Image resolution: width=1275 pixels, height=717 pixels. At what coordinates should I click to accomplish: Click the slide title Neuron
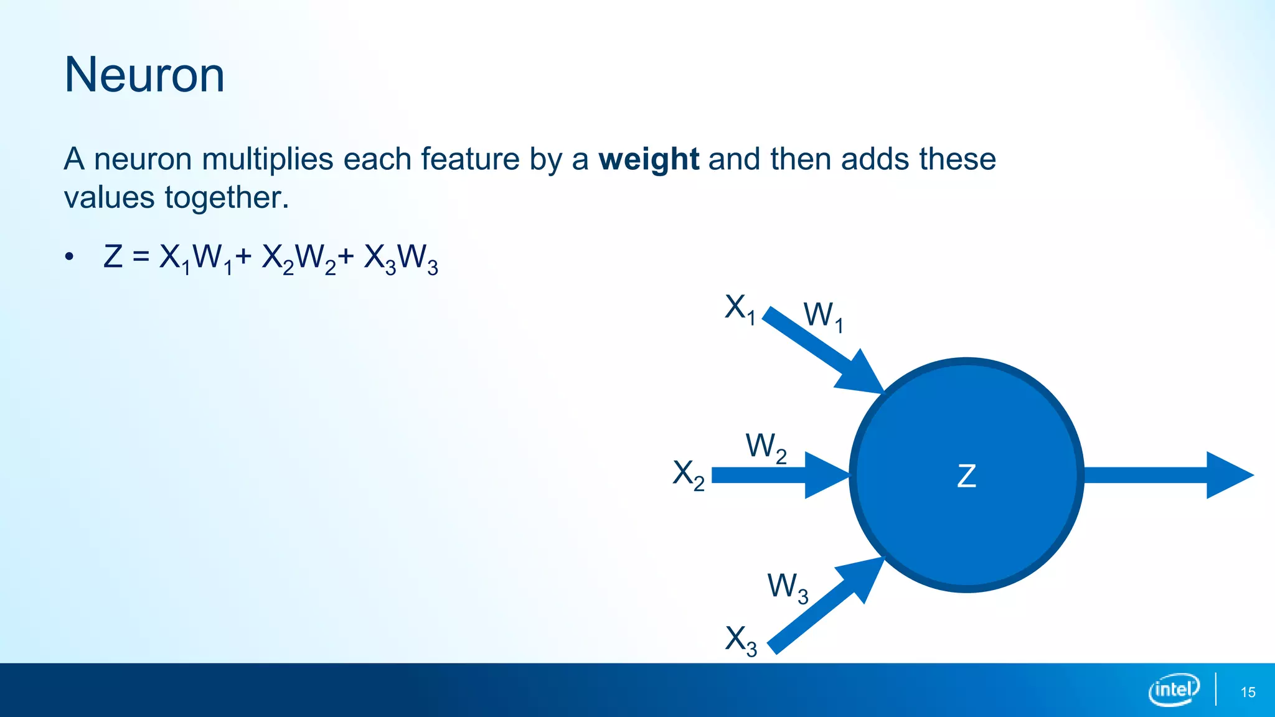144,75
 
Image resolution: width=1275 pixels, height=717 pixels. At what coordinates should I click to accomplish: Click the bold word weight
648,159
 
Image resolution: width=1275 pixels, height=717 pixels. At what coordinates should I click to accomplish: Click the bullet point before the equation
69,257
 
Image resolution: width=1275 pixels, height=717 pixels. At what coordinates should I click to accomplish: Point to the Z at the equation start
113,257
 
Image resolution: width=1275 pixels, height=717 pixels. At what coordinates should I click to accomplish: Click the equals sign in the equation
141,257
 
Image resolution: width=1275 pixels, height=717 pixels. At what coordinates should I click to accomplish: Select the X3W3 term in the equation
401,258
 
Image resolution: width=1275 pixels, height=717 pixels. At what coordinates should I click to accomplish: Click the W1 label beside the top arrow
822,316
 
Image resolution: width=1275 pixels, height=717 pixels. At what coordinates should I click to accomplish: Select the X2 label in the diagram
689,474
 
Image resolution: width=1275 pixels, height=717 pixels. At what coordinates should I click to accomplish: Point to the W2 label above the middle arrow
766,448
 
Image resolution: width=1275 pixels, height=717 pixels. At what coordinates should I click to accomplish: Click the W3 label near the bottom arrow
788,587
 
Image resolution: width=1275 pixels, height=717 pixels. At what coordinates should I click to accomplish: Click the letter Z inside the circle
966,476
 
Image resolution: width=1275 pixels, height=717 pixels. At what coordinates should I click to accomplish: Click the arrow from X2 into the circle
778,475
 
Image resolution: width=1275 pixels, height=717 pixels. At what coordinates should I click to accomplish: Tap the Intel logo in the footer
1174,690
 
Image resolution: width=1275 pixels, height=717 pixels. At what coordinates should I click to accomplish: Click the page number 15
1248,692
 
